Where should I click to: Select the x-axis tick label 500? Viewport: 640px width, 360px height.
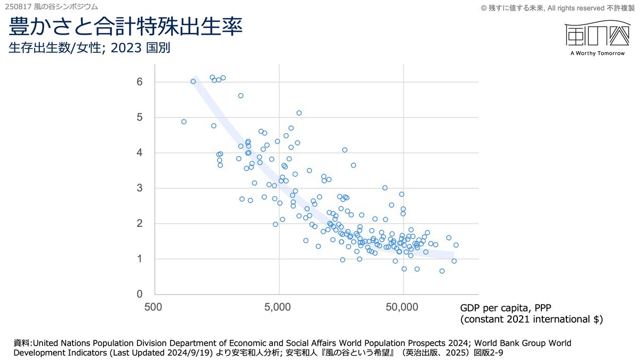tap(154, 307)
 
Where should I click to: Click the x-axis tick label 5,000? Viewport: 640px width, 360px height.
tap(278, 307)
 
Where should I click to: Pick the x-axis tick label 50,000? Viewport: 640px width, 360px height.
tap(403, 307)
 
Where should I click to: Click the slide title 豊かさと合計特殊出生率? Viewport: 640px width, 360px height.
tap(126, 27)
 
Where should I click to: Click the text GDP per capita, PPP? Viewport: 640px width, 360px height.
tap(504, 308)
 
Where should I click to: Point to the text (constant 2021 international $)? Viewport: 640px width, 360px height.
tap(531, 319)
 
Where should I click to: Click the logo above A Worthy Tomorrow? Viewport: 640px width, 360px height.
tap(596, 35)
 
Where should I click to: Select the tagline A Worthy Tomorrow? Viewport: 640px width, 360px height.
tap(597, 53)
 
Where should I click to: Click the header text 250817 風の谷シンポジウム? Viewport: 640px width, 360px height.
tap(51, 6)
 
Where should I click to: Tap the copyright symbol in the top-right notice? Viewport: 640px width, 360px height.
tap(484, 7)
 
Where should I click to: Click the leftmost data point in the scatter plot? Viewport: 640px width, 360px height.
tap(184, 122)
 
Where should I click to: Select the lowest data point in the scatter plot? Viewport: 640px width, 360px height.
tap(442, 271)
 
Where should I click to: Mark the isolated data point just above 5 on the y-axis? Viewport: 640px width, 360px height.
tap(299, 113)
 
